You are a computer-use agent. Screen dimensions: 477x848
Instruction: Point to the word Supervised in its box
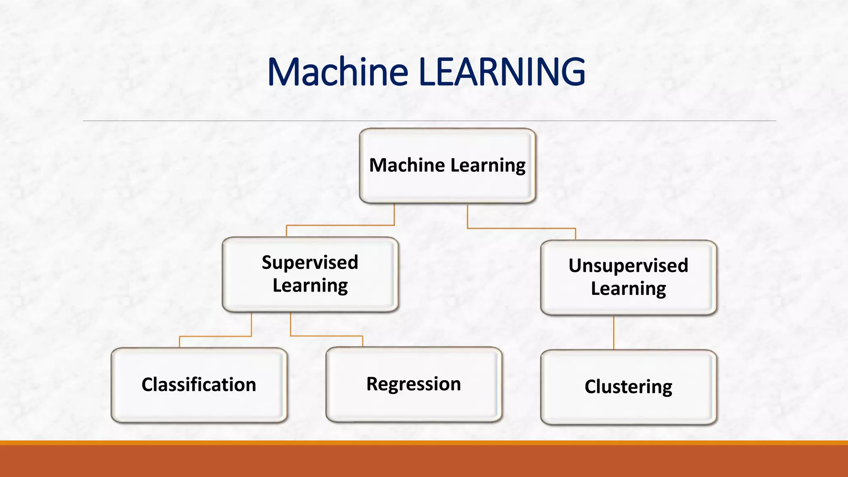310,263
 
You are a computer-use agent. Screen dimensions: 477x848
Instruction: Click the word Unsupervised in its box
628,265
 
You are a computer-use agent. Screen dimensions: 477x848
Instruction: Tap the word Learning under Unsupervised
628,289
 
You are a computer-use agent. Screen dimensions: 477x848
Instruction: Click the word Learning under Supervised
310,286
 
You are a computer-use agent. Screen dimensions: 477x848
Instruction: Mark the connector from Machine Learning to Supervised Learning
340,225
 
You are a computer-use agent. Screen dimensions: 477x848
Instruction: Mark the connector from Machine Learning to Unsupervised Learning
522,228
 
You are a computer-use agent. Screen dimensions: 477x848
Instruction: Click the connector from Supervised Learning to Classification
215,336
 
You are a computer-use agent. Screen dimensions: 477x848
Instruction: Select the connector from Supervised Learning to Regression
327,336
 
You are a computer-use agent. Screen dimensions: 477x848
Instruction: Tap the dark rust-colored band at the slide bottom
424,462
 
